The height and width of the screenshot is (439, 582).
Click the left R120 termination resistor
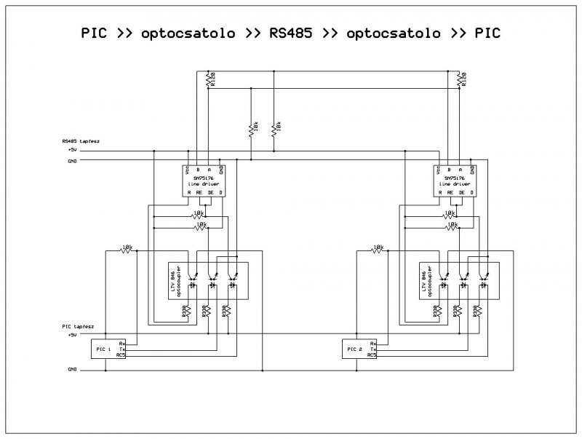210,79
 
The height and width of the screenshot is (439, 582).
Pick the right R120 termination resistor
461,79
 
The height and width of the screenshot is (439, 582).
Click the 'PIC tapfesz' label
78,328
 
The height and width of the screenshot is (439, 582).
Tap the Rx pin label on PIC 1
121,343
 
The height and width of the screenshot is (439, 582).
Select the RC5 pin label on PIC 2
372,355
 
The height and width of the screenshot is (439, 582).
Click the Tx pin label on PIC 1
121,349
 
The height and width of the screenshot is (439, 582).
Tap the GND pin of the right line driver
473,170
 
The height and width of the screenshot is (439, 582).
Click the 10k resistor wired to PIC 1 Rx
127,249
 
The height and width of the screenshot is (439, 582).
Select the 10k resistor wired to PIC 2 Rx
378,249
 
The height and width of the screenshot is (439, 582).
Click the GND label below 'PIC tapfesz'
71,371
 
